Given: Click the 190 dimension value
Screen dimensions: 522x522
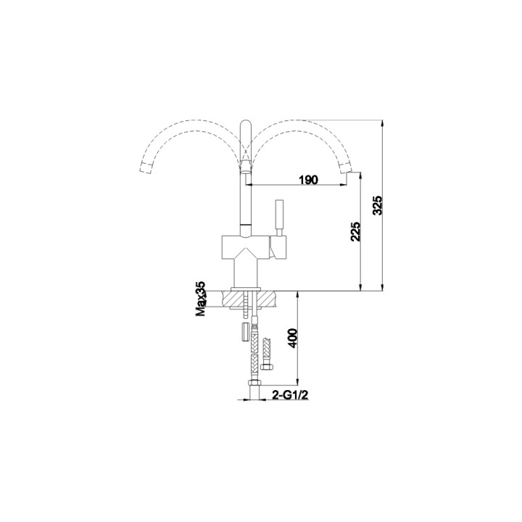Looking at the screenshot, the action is (x=309, y=180).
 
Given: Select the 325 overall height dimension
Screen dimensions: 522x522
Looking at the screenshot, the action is (x=378, y=205).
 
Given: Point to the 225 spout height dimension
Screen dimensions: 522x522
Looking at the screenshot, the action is (x=355, y=231).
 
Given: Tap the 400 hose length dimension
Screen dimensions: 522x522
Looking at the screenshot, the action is (x=292, y=339).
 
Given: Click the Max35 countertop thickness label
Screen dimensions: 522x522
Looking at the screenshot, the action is (x=201, y=299).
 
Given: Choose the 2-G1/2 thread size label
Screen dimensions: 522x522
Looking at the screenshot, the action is (x=290, y=395).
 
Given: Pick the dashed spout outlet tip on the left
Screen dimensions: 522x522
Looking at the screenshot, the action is (x=146, y=167).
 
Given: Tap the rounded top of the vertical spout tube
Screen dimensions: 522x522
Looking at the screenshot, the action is (x=245, y=124).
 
